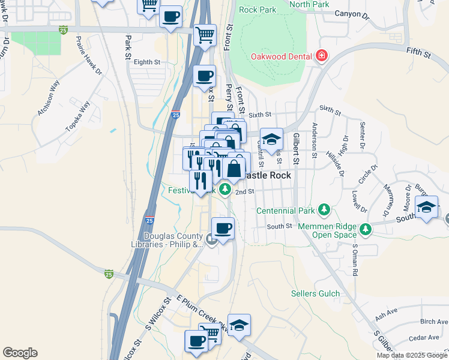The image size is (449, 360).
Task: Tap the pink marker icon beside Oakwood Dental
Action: point(322,56)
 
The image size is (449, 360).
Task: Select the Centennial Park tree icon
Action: point(324,209)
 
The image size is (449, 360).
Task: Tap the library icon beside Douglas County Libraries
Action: point(211,239)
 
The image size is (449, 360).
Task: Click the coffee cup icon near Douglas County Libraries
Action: point(223,229)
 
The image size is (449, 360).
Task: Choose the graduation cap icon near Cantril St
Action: point(272,139)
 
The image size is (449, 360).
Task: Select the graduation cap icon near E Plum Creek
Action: point(240,325)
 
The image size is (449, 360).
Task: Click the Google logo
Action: point(20,353)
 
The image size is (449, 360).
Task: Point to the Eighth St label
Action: point(147,62)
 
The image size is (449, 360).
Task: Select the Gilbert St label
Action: point(295,149)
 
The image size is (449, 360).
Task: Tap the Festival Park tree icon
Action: point(225,190)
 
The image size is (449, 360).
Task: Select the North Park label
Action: point(309,4)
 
